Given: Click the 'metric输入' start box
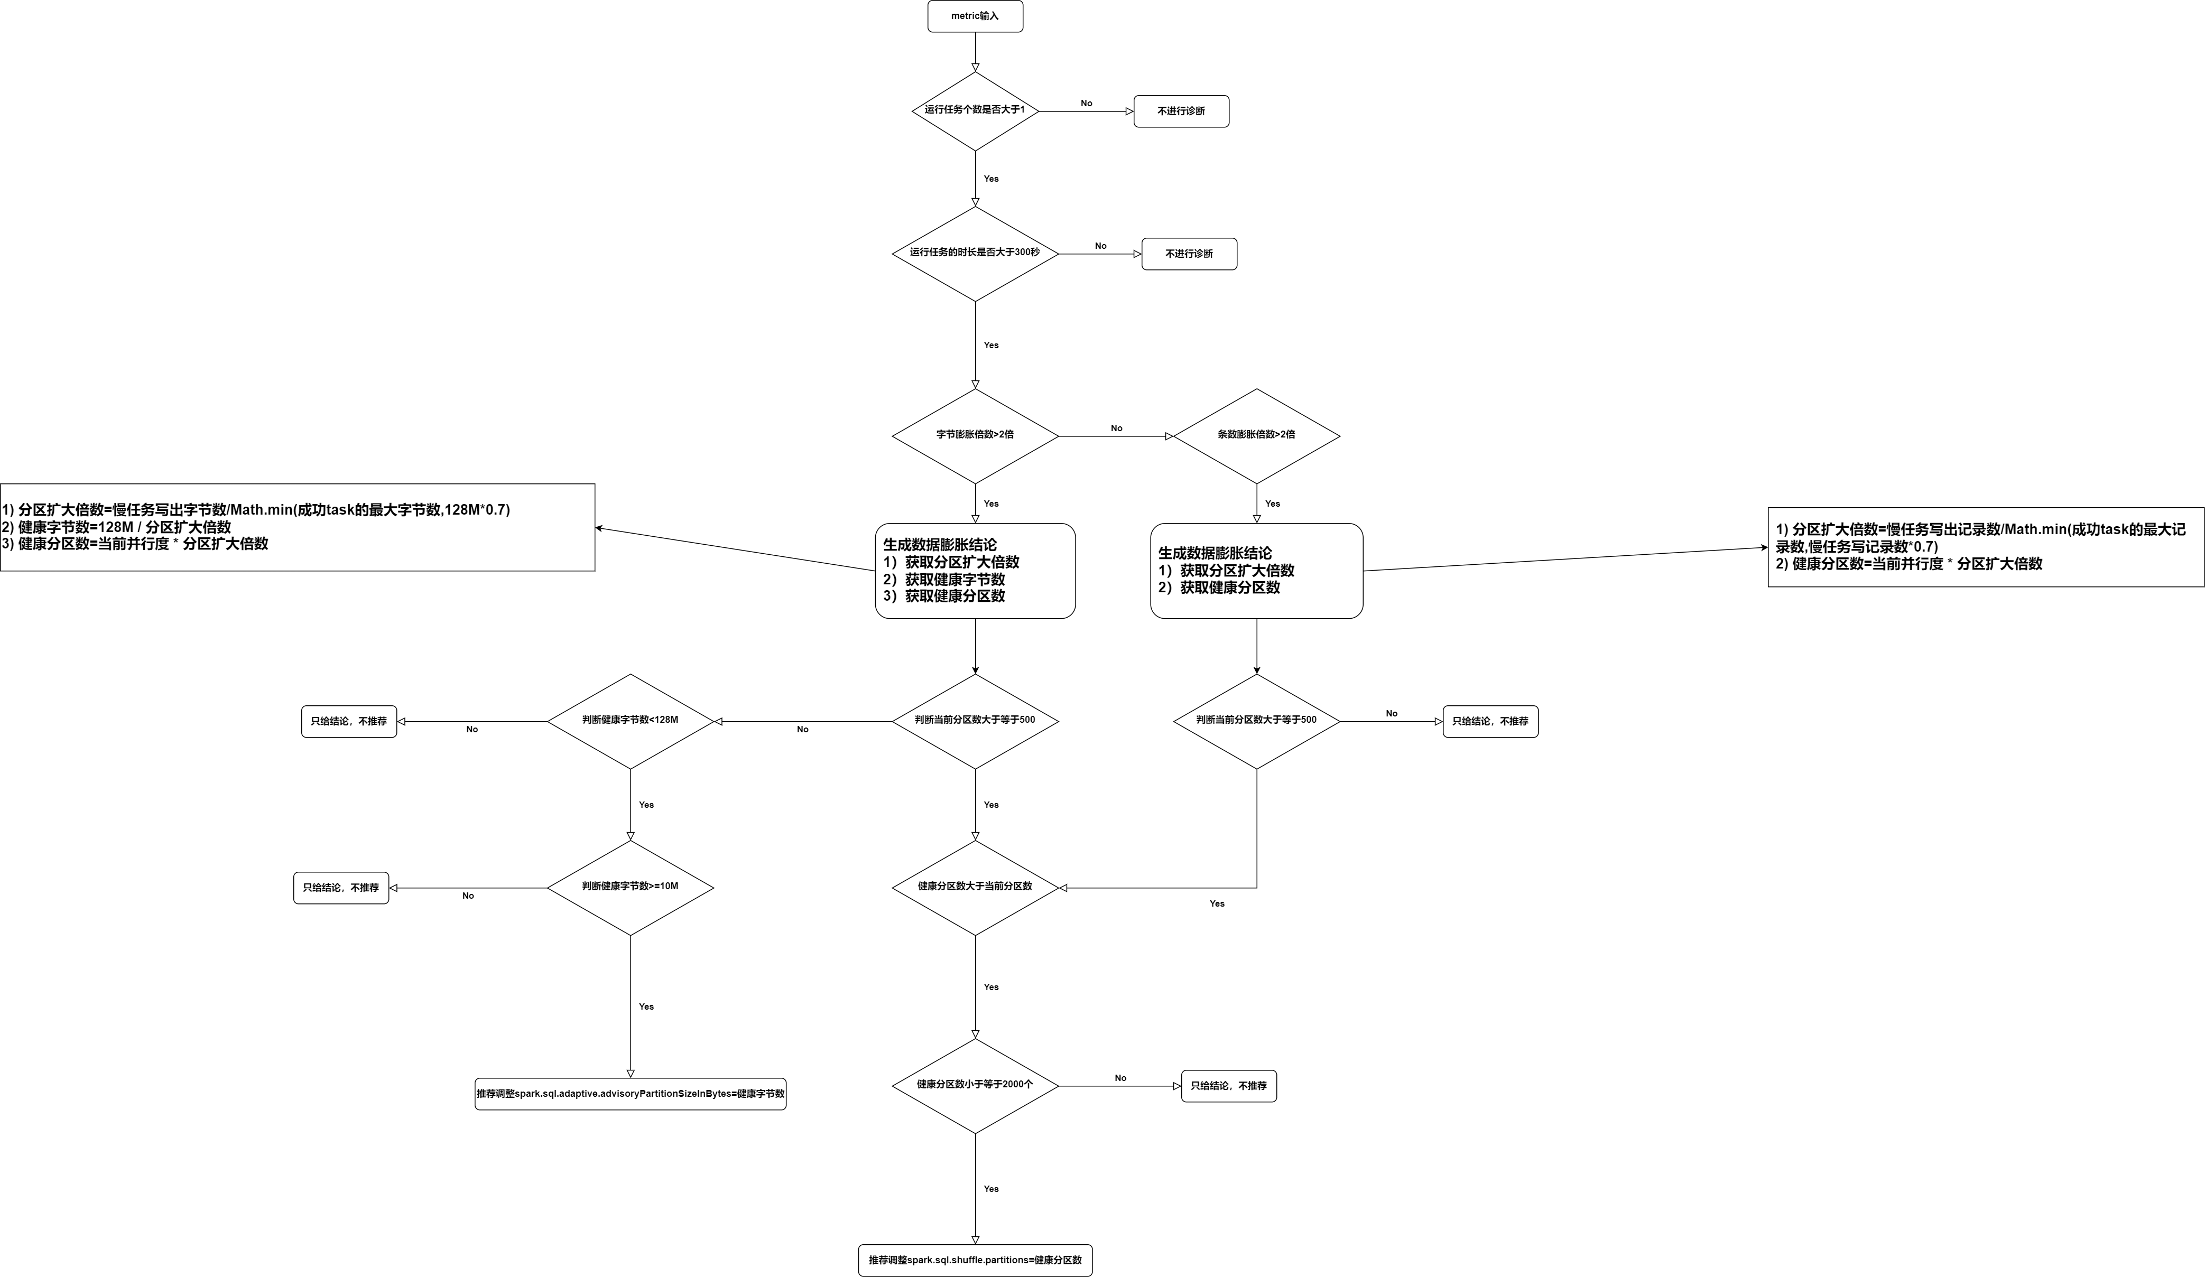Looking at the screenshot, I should click(x=975, y=16).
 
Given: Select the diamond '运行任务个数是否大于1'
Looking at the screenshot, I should click(x=975, y=111).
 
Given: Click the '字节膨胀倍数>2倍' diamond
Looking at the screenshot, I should click(x=975, y=435).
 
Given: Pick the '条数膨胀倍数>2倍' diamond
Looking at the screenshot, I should click(x=1256, y=435).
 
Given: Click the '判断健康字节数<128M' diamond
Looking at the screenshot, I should click(x=630, y=721).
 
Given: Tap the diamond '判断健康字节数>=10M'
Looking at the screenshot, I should click(x=630, y=887).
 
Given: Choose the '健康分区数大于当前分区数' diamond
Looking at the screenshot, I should click(x=975, y=887).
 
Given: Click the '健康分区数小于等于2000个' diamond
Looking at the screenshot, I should click(x=975, y=1085).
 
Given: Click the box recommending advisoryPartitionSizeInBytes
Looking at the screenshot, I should click(x=630, y=1093).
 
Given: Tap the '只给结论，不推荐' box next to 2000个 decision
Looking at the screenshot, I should click(x=1228, y=1085).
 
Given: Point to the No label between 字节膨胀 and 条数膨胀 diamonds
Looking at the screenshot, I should click(x=1116, y=428).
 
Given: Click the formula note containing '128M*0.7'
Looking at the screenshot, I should click(x=298, y=527).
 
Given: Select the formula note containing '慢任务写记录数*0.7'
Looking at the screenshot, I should click(x=1985, y=547).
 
